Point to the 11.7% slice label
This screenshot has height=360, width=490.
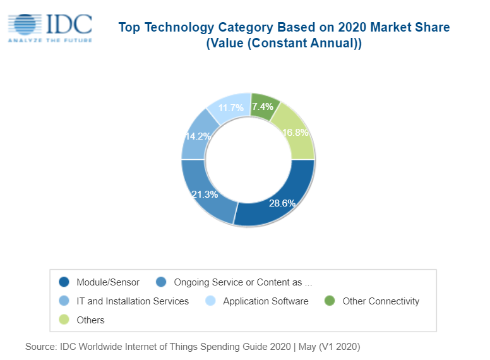[230, 108]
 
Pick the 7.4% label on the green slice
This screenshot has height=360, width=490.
[263, 107]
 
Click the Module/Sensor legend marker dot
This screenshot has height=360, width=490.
[64, 282]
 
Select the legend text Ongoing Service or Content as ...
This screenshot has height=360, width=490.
[242, 282]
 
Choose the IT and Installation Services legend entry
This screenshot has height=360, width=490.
[133, 301]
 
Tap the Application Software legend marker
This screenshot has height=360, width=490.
[211, 301]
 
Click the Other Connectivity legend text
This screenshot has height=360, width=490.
[381, 301]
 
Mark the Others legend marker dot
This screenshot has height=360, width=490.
[64, 320]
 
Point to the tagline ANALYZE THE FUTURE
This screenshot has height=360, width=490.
[49, 40]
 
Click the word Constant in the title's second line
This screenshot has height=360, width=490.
[276, 44]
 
